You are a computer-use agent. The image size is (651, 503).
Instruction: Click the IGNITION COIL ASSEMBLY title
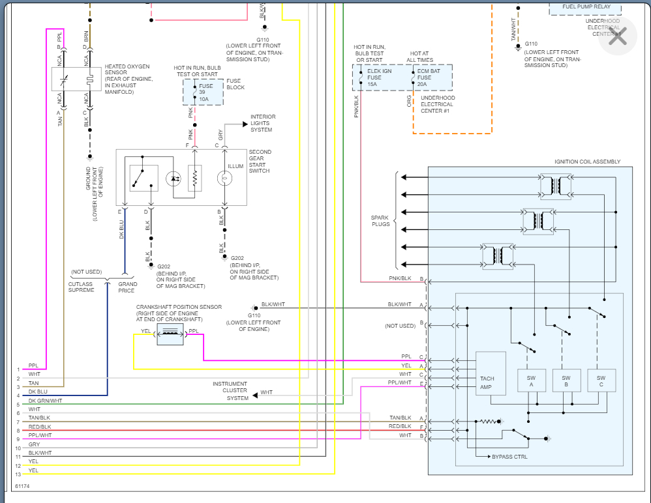click(x=587, y=162)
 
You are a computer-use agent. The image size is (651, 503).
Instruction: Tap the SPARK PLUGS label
click(x=380, y=220)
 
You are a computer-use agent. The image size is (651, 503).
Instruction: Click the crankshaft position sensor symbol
click(x=170, y=334)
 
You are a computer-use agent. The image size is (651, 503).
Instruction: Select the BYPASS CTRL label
click(x=510, y=457)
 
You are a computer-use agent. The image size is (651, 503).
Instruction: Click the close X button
click(x=616, y=36)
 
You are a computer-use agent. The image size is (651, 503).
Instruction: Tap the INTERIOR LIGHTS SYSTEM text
click(x=262, y=123)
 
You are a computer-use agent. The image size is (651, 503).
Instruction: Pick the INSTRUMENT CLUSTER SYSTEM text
click(x=230, y=391)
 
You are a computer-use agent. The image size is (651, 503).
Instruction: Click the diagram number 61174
click(x=23, y=486)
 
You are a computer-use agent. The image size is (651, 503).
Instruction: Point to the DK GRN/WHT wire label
click(x=45, y=401)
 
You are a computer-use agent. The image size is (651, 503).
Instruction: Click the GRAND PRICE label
click(x=127, y=287)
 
